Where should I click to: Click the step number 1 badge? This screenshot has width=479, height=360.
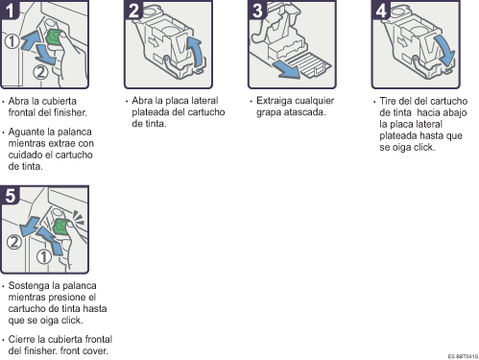[10, 10]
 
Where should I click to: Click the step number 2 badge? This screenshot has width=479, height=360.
[133, 10]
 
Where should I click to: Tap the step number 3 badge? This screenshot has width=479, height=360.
[257, 10]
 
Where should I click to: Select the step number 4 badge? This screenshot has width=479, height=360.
[381, 10]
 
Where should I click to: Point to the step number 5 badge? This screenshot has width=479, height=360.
[10, 195]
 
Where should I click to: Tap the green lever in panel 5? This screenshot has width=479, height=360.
[60, 227]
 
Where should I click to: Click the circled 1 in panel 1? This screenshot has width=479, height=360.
[12, 41]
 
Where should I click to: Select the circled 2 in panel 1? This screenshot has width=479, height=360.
[40, 72]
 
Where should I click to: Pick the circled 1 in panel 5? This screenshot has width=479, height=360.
[44, 256]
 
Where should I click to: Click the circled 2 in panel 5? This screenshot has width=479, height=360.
[14, 242]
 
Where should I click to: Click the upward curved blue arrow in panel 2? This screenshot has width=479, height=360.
[196, 51]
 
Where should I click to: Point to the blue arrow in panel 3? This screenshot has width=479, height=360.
[286, 69]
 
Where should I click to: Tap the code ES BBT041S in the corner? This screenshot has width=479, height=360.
[463, 356]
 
